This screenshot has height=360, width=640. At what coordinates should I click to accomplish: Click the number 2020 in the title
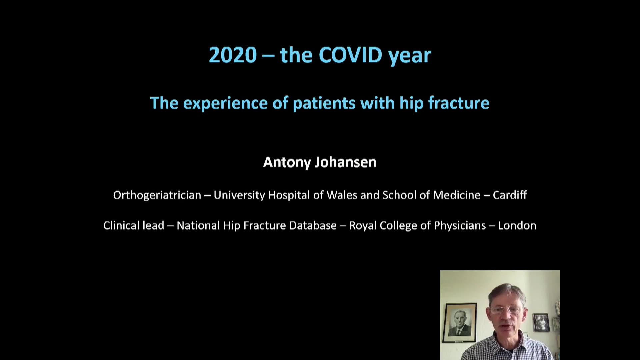click(233, 55)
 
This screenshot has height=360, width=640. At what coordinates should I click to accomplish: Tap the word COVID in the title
click(350, 55)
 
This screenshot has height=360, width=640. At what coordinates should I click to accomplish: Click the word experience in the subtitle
click(225, 103)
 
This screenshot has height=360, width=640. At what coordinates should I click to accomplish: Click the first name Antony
click(287, 163)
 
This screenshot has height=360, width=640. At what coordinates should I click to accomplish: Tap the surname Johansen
click(346, 162)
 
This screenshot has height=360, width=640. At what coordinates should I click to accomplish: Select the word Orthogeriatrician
click(157, 195)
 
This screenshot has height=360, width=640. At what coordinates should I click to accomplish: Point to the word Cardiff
click(510, 195)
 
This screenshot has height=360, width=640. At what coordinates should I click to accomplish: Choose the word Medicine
click(456, 195)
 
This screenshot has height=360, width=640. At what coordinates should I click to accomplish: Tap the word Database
click(313, 226)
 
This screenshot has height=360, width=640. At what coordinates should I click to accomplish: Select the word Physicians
click(460, 226)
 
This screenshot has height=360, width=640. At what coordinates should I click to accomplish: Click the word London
click(517, 226)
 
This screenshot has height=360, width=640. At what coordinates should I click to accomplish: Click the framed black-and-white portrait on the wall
click(459, 323)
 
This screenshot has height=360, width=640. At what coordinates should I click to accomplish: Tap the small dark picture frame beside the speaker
click(541, 322)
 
